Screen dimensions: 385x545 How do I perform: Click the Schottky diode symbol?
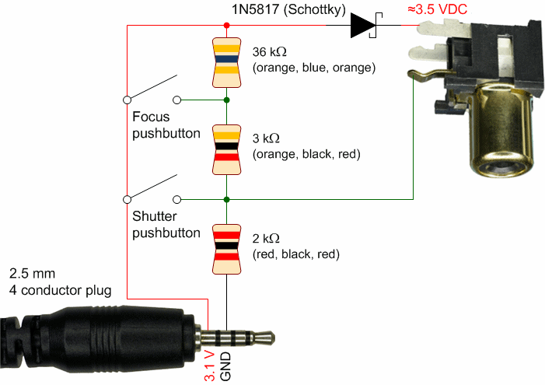pyautogui.click(x=363, y=26)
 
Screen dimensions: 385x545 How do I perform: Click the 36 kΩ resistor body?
pyautogui.click(x=226, y=60)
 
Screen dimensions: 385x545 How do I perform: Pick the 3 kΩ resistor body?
pyautogui.click(x=226, y=148)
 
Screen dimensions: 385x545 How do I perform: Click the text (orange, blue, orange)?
pyautogui.click(x=314, y=68)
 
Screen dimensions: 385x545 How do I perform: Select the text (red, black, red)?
pyautogui.click(x=296, y=254)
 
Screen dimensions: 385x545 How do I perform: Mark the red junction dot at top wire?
pyautogui.click(x=226, y=26)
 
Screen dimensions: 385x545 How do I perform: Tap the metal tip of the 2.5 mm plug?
pyautogui.click(x=264, y=338)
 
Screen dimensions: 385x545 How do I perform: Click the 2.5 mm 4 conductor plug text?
pyautogui.click(x=60, y=282)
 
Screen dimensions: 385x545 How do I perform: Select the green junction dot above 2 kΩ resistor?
pyautogui.click(x=226, y=198)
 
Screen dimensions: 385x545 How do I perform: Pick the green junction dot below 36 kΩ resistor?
pyautogui.click(x=226, y=100)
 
